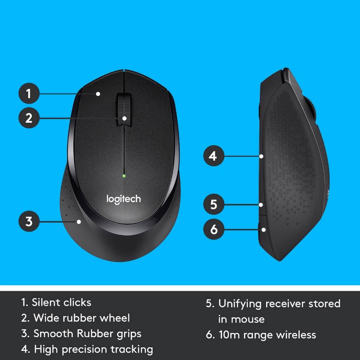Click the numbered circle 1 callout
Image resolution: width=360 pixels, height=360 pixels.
[x=28, y=94]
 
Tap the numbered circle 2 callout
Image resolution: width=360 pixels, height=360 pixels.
[x=28, y=118]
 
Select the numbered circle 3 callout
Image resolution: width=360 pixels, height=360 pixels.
[x=28, y=221]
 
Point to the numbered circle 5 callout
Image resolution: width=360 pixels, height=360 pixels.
[x=213, y=204]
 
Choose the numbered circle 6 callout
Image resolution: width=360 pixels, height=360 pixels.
[x=213, y=230]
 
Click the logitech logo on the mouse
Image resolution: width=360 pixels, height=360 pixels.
[x=123, y=199]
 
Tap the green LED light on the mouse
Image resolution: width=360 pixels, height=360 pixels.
[x=124, y=175]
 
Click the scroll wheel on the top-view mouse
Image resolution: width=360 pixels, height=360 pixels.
[x=124, y=110]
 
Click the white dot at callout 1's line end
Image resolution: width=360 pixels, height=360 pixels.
[x=98, y=94]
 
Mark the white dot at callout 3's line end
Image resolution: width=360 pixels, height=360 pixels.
[x=79, y=221]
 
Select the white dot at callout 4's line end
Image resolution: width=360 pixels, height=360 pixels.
[x=261, y=156]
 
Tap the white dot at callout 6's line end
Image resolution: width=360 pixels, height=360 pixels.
[x=264, y=230]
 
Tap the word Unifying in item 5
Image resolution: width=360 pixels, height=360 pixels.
[x=240, y=303]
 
